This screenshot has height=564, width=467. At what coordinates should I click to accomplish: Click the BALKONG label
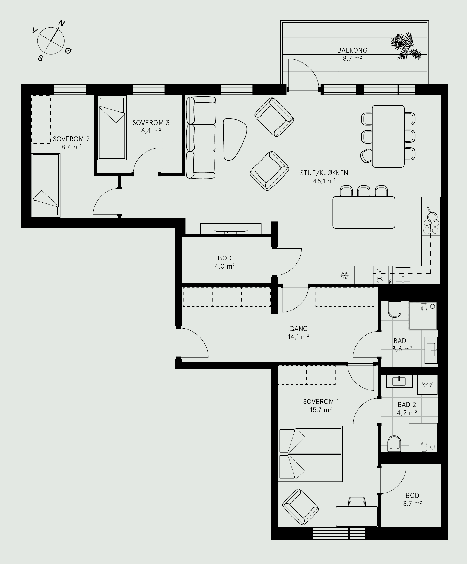tap(352, 50)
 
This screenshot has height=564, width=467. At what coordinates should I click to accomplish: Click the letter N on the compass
tap(62, 24)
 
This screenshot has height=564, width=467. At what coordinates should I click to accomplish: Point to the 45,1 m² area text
tap(324, 181)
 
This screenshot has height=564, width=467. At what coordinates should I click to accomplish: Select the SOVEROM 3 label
tap(151, 123)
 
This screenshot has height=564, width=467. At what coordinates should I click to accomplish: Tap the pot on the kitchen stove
tap(431, 216)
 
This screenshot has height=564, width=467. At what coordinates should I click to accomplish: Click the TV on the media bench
tap(231, 231)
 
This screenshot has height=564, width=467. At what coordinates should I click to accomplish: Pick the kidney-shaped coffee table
tap(235, 139)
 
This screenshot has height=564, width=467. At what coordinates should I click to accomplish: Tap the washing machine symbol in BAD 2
tap(427, 385)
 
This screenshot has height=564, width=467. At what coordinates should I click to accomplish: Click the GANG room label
tap(298, 329)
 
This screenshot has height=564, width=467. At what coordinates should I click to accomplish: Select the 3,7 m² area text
tap(412, 504)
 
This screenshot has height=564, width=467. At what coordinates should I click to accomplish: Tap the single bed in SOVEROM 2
tap(46, 185)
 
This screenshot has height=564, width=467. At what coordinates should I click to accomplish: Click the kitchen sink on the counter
tap(403, 274)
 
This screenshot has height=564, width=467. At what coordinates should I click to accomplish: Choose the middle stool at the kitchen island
tap(364, 191)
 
